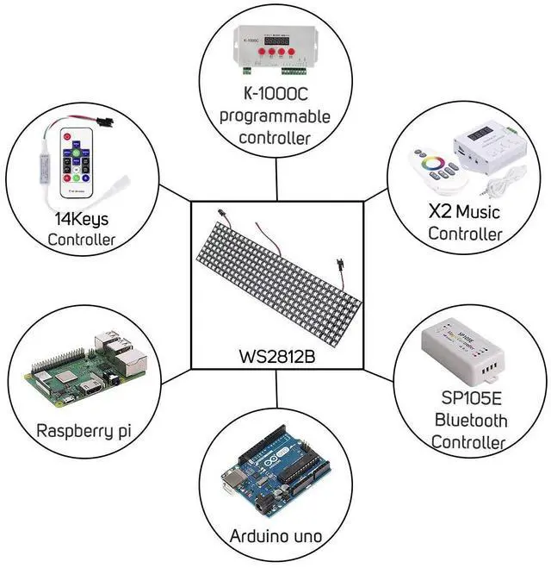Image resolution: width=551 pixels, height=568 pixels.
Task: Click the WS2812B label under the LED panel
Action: pos(276,355)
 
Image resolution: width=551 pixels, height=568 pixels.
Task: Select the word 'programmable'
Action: pos(275,115)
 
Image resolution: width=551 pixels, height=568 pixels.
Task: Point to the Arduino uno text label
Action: pos(275,536)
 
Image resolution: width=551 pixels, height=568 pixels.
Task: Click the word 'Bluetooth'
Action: pos(469,421)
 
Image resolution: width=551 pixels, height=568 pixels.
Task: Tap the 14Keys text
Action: pos(81,218)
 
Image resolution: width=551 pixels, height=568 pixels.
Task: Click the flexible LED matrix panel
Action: pos(276,276)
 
